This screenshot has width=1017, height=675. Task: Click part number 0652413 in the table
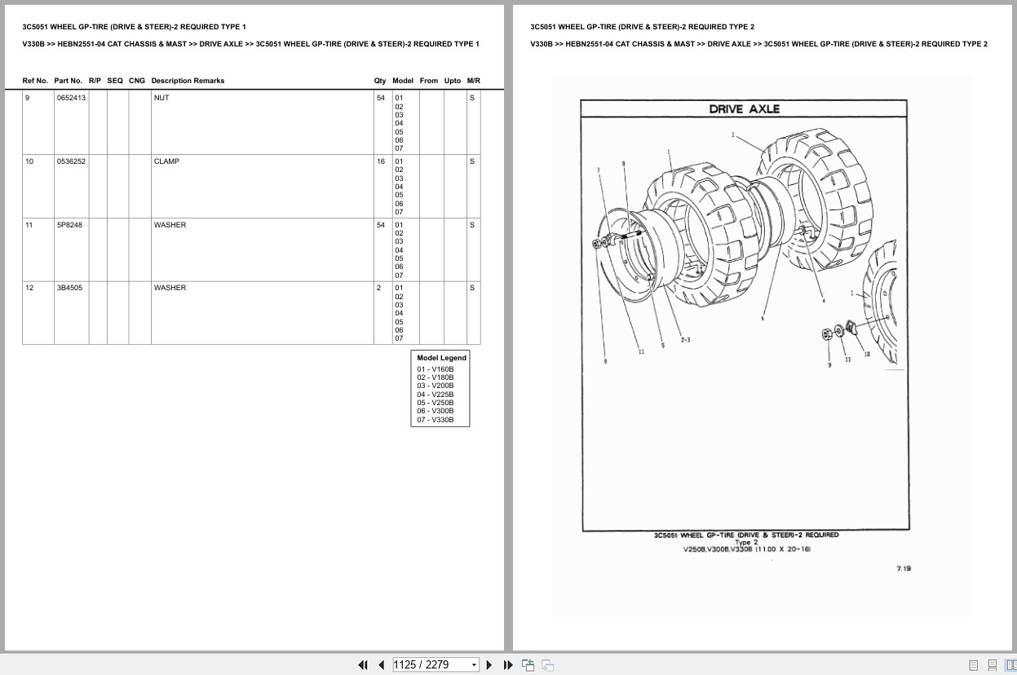pos(71,98)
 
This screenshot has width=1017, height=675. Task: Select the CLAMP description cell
pos(166,161)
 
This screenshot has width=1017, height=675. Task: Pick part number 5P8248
pos(69,225)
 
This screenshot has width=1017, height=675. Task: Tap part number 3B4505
pos(69,288)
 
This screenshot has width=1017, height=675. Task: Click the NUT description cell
pos(161,98)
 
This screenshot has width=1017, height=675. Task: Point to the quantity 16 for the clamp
pos(380,161)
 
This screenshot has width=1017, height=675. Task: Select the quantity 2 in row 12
pos(378,288)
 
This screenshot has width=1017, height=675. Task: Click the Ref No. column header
pos(35,81)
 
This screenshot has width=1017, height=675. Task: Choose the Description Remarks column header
pos(188,81)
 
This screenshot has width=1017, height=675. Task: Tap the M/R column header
pos(473,81)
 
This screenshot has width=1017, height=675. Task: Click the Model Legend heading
pos(441,358)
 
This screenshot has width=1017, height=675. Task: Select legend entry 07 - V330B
pos(436,420)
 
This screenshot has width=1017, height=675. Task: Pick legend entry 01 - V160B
pos(436,369)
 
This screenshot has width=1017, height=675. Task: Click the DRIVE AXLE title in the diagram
pos(744,109)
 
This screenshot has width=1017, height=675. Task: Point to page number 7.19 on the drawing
pos(903,569)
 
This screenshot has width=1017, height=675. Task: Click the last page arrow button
pos(508,664)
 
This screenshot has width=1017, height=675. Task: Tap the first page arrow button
pos(363,664)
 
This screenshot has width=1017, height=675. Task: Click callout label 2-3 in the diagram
pos(685,340)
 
